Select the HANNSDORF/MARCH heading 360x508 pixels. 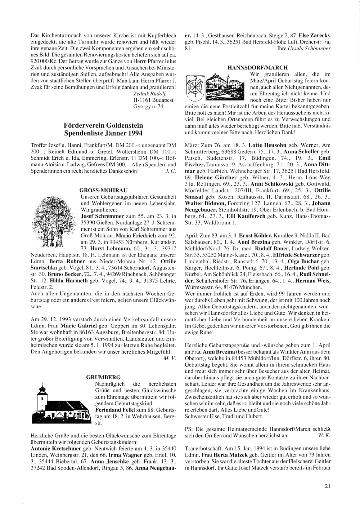258,68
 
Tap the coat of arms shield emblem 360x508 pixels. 195,89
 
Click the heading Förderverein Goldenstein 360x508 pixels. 103,125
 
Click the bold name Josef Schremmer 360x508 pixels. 102,216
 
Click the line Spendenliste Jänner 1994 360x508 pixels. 103,133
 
